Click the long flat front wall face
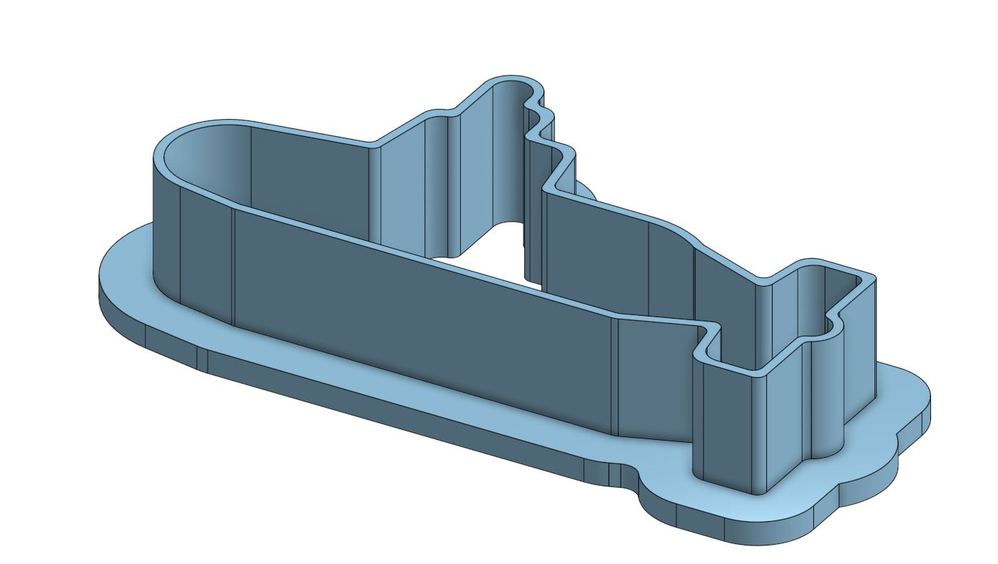point(421,314)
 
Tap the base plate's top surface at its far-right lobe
point(906,399)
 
